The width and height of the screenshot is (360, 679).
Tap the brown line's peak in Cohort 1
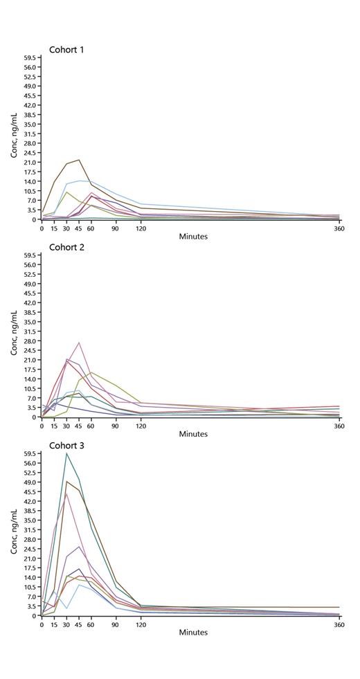coord(79,160)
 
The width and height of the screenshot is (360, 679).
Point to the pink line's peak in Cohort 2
coord(80,342)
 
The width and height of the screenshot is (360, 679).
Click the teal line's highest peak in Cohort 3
coord(66,453)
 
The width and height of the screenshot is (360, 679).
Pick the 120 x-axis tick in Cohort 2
coord(141,426)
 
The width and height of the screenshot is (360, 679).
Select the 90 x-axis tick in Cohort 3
coord(116,624)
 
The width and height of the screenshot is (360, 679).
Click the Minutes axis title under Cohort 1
coord(193,237)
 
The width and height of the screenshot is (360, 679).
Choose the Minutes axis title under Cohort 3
coord(193,633)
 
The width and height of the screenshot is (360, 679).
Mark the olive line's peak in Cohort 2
coord(91,372)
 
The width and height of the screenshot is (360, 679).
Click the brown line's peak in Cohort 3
coord(67,481)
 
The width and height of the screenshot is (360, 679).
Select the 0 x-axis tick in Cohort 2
coord(42,426)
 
